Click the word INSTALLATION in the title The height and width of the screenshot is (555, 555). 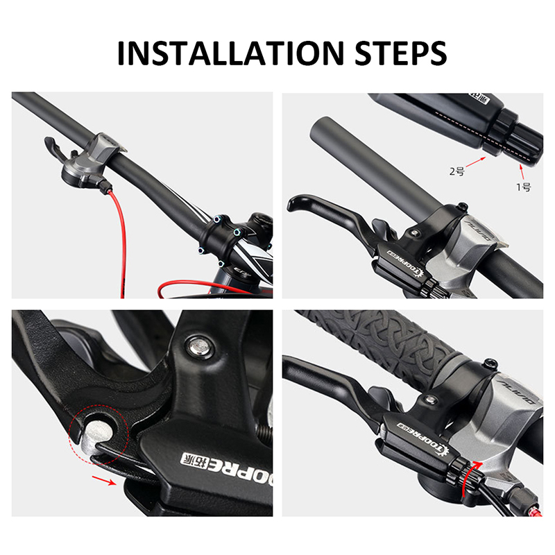click(228, 53)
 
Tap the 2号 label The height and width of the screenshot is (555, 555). click(456, 171)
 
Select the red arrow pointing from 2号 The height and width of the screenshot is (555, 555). click(477, 162)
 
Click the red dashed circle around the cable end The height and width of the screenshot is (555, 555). click(98, 436)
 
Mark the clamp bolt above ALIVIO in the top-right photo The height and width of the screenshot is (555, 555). click(461, 206)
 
